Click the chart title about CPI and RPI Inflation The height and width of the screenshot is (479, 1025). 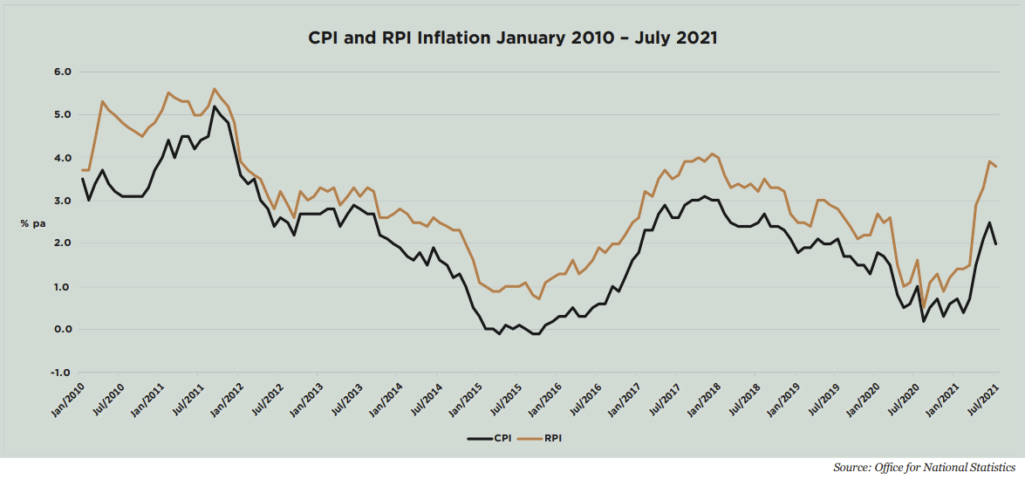(512, 38)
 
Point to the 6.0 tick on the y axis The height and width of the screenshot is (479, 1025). (62, 72)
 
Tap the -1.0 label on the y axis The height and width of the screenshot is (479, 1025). (60, 373)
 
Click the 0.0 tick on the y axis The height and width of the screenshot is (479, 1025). (62, 330)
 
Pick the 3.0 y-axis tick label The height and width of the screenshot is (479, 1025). (62, 201)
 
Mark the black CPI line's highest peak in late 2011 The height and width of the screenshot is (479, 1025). (215, 106)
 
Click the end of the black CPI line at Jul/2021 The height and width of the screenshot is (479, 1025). (995, 243)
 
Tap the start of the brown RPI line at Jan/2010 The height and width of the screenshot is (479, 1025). (82, 170)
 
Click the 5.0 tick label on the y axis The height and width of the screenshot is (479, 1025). (62, 114)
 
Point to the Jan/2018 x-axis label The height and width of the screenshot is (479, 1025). (706, 399)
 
